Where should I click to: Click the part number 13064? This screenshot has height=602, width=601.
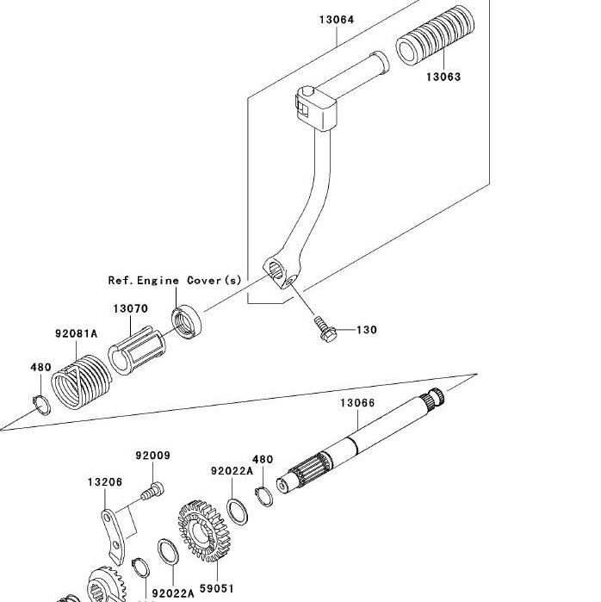[337, 20]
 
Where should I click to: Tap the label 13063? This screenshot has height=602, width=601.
[443, 77]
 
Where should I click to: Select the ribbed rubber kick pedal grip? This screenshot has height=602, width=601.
[435, 35]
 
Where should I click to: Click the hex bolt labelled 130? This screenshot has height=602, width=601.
[325, 329]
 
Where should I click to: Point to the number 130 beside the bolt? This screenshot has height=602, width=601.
[367, 330]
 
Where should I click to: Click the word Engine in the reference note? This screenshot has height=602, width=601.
[158, 281]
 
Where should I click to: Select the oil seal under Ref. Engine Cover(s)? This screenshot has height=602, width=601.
[186, 321]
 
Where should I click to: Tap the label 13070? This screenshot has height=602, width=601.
[131, 308]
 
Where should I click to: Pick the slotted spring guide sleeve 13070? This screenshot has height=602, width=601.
[137, 351]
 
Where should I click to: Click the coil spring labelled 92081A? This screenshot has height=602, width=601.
[81, 382]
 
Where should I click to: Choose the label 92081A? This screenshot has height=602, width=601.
[77, 333]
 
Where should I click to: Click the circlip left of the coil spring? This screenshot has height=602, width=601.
[41, 405]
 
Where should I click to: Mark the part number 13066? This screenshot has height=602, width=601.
[357, 403]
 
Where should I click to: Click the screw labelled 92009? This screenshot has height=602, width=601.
[152, 492]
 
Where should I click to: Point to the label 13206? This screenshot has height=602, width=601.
[105, 482]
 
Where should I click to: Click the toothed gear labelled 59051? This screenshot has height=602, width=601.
[205, 531]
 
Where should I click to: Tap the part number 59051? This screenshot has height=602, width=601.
[217, 588]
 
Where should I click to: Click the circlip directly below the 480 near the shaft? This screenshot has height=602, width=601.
[264, 496]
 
